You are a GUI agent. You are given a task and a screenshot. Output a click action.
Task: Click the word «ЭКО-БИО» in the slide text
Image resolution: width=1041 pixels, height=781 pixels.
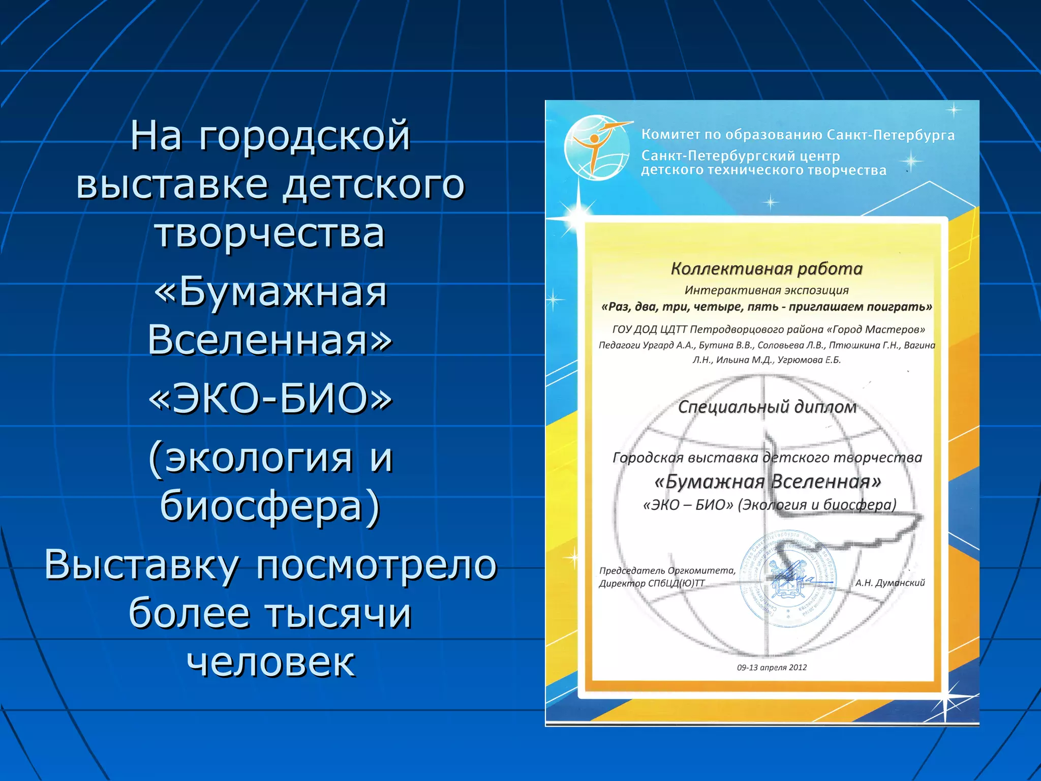(270, 398)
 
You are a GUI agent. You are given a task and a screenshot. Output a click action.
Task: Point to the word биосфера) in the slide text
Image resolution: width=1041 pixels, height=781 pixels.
(270, 505)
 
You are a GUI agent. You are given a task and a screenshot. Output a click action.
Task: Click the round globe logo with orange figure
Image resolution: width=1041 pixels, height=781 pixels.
(597, 147)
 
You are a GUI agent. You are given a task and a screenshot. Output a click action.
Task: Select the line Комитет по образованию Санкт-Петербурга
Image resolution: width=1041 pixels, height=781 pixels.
(798, 135)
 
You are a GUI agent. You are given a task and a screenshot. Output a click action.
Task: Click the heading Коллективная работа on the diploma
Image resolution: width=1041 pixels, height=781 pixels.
(767, 268)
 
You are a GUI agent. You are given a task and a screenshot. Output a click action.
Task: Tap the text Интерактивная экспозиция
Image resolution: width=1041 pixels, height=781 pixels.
(767, 290)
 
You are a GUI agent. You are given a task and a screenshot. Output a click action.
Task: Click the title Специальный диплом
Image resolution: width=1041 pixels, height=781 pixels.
(767, 407)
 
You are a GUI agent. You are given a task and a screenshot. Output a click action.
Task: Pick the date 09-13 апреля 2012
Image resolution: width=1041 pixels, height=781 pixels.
(772, 668)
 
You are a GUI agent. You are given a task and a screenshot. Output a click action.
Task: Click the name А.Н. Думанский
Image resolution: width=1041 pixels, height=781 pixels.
(890, 583)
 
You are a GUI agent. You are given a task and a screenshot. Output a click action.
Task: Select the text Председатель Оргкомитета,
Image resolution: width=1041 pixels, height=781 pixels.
(667, 570)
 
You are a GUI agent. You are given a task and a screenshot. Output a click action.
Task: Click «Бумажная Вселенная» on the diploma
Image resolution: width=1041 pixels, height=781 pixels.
(768, 481)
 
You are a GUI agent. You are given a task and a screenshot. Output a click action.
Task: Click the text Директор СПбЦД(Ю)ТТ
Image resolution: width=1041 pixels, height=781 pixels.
(652, 583)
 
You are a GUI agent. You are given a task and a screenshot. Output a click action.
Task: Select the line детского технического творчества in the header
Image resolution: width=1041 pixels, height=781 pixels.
(763, 170)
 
